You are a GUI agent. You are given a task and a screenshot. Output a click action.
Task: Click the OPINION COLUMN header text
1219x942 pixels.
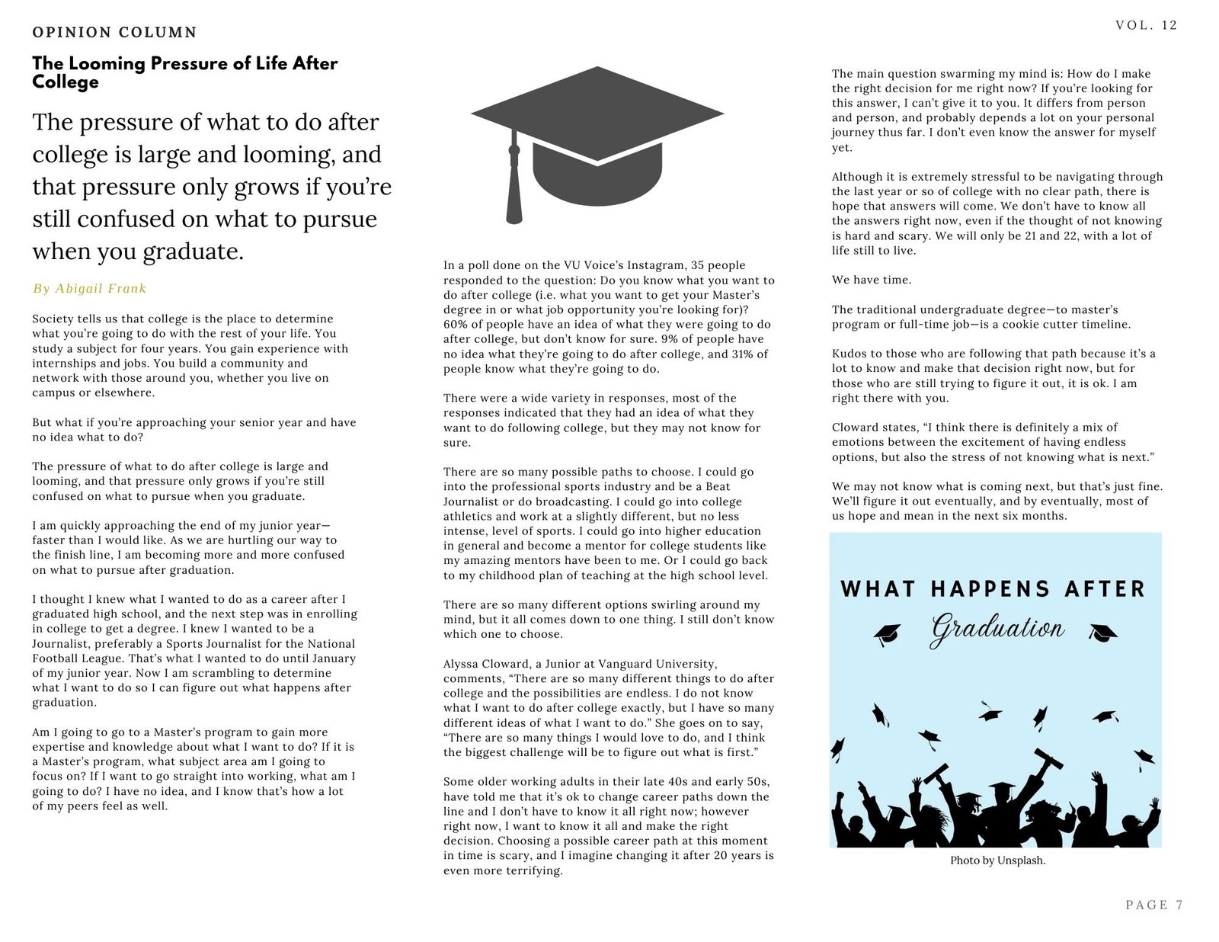tap(114, 32)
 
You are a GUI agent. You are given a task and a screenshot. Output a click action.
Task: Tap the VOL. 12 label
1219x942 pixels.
tap(1146, 25)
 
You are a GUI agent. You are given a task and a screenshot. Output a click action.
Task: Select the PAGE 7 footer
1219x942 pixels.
tap(1153, 905)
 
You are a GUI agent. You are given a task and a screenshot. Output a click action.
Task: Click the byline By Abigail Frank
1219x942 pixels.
tap(89, 288)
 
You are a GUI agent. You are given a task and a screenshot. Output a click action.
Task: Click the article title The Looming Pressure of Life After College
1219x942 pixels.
tap(184, 72)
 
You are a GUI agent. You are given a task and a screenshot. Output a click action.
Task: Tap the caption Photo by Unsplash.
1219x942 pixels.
tap(997, 860)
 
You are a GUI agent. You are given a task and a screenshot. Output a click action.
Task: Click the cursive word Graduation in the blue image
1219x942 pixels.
tap(997, 629)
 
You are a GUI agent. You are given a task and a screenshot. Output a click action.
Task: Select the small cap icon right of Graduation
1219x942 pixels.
tap(1102, 632)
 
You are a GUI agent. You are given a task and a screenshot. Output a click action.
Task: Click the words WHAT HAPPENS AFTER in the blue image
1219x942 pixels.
tap(993, 589)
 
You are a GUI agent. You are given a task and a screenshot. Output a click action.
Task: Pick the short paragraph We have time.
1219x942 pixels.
tap(871, 280)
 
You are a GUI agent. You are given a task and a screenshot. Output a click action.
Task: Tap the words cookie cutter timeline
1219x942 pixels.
tap(1065, 324)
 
